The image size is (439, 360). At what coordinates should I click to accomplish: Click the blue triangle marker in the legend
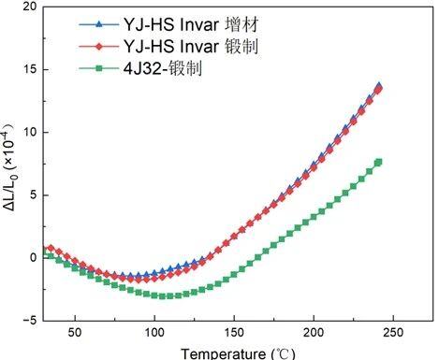click(98, 24)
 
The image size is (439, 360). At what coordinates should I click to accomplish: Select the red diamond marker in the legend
click(98, 47)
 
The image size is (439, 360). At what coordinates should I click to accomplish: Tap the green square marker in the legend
click(98, 68)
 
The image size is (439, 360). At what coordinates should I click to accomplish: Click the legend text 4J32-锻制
click(163, 68)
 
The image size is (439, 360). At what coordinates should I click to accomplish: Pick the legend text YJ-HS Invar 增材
click(191, 24)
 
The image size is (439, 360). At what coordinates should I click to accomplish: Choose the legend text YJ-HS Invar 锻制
click(191, 47)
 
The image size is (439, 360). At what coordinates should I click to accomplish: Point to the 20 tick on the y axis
click(30, 7)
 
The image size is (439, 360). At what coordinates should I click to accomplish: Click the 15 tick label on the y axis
click(30, 69)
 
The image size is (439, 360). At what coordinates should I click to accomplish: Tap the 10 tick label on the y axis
click(30, 132)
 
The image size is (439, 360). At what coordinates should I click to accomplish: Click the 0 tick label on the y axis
click(34, 257)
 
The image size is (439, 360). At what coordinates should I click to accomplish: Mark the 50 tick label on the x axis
click(75, 333)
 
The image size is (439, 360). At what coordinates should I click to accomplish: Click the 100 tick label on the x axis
click(154, 333)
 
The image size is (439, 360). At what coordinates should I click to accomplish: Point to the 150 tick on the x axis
click(234, 333)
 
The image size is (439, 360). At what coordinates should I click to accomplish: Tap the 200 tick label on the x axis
click(314, 333)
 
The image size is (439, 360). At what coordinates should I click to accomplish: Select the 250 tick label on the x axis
click(393, 333)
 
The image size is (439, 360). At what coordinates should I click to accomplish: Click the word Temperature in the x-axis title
click(224, 354)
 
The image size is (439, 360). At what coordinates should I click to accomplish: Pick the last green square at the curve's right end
click(379, 162)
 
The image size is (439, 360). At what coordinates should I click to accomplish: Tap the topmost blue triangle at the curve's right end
click(379, 85)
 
